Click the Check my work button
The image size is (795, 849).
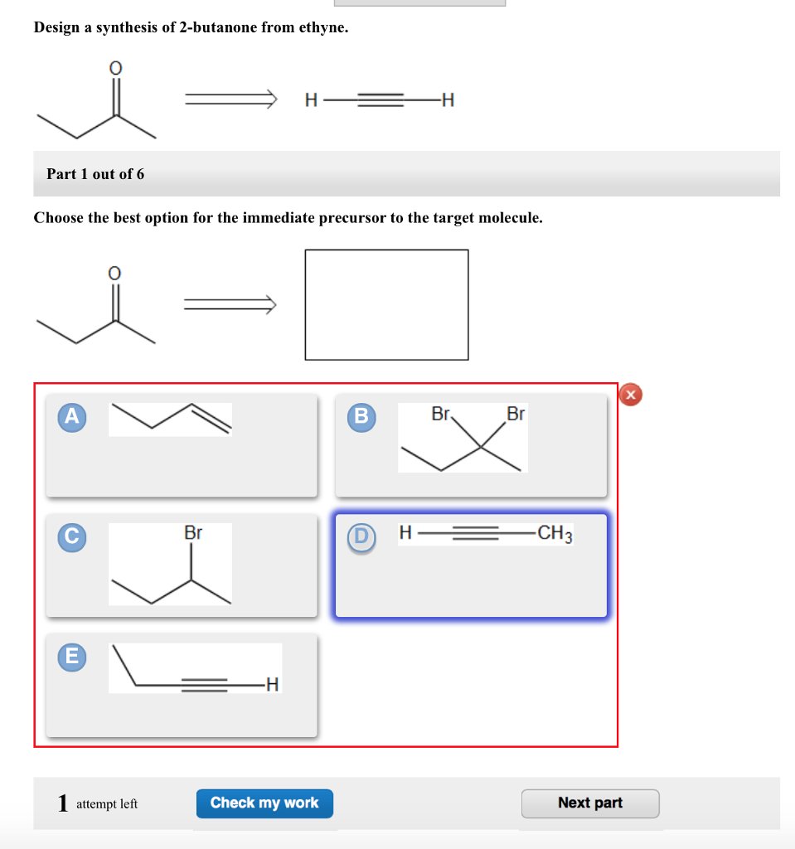tap(264, 803)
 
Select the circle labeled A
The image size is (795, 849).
tap(72, 417)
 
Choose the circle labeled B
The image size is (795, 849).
tap(361, 417)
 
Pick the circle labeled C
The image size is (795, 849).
tap(72, 536)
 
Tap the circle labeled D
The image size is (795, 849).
tap(361, 536)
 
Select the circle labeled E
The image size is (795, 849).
tap(72, 657)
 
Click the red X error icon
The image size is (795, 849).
tap(630, 395)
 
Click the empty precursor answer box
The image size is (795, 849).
tap(386, 304)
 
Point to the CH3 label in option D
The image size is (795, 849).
tap(555, 534)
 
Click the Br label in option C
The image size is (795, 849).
tap(193, 533)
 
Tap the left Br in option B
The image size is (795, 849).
tap(440, 413)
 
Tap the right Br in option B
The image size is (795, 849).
tap(515, 414)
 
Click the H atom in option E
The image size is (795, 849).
tap(272, 684)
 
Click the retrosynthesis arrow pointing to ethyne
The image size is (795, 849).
tap(230, 100)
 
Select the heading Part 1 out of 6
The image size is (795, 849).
tap(95, 174)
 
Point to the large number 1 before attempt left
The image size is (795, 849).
tap(63, 803)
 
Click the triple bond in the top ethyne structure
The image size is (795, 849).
tap(380, 101)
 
